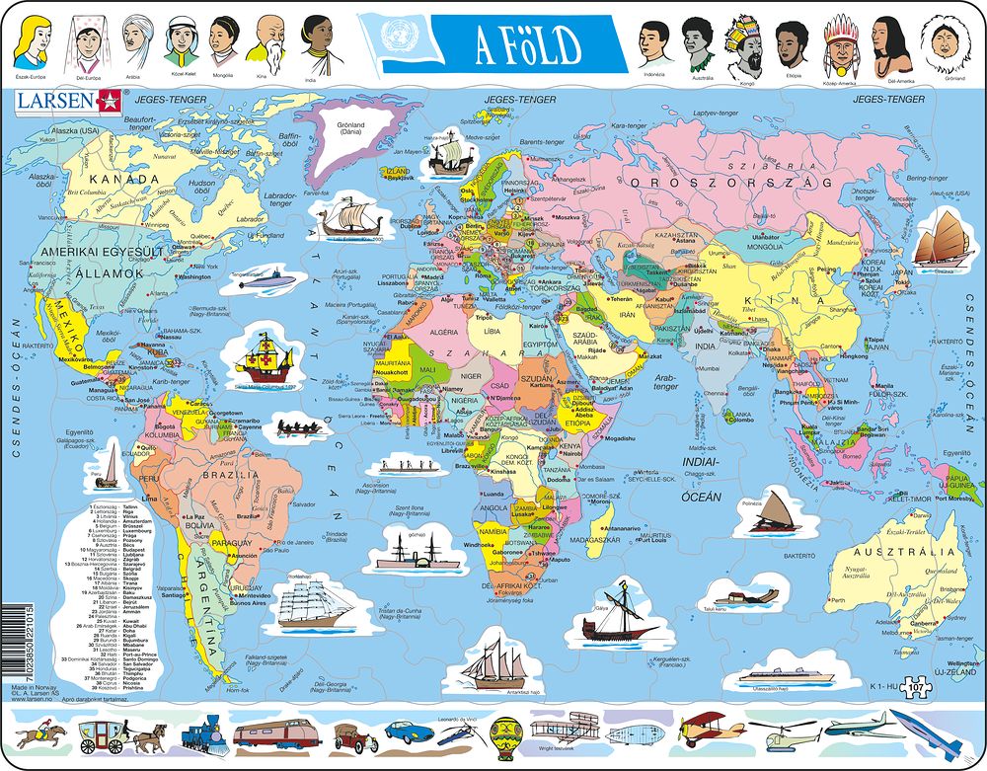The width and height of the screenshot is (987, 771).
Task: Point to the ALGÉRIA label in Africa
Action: [x=433, y=333]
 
